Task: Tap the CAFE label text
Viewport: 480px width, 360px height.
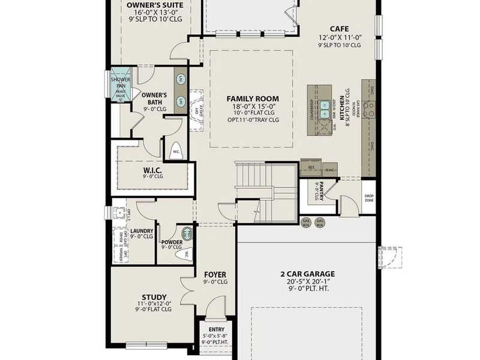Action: click(x=340, y=28)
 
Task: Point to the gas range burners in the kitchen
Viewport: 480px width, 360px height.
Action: click(x=368, y=109)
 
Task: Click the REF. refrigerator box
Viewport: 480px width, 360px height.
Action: click(x=311, y=167)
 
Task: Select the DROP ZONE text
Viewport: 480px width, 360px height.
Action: click(x=368, y=198)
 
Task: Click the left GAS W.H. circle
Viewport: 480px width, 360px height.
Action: click(x=307, y=223)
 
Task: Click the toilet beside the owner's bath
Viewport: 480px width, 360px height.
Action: click(x=176, y=150)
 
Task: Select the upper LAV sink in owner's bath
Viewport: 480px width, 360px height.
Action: click(x=180, y=79)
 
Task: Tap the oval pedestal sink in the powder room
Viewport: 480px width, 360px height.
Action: click(x=186, y=233)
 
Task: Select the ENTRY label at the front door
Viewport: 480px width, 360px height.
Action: click(x=217, y=329)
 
